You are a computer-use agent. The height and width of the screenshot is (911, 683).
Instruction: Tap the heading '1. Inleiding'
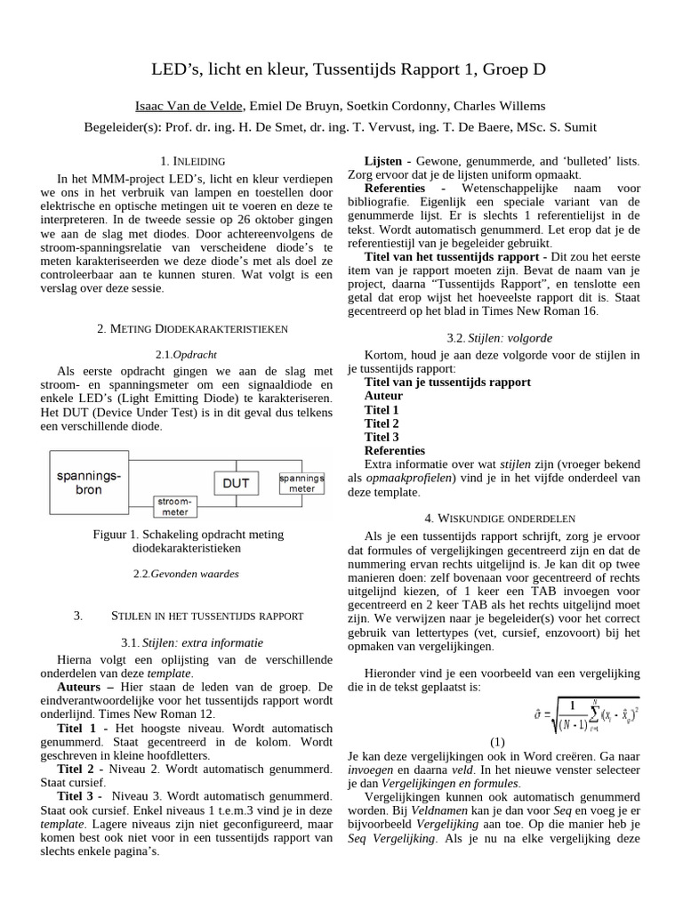(x=192, y=161)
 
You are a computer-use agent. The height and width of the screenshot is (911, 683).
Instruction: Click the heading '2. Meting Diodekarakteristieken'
(x=192, y=328)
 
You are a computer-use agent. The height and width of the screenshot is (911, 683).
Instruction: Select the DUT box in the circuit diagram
(x=237, y=483)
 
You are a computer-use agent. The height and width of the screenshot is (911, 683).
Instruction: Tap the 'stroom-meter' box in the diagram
(x=174, y=506)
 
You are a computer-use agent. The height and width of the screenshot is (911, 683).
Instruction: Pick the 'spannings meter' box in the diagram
(x=301, y=483)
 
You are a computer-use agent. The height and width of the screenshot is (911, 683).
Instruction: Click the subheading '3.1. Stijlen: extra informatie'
(x=192, y=642)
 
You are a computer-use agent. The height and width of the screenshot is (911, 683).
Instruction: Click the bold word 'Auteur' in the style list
(x=383, y=396)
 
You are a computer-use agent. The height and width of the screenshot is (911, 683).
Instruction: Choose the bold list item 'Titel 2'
(x=382, y=423)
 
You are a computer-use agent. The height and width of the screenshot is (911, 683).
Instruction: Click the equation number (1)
(x=497, y=742)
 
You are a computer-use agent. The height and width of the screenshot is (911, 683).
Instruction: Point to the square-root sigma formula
(x=583, y=713)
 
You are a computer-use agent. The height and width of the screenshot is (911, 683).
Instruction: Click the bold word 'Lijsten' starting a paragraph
(x=383, y=162)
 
